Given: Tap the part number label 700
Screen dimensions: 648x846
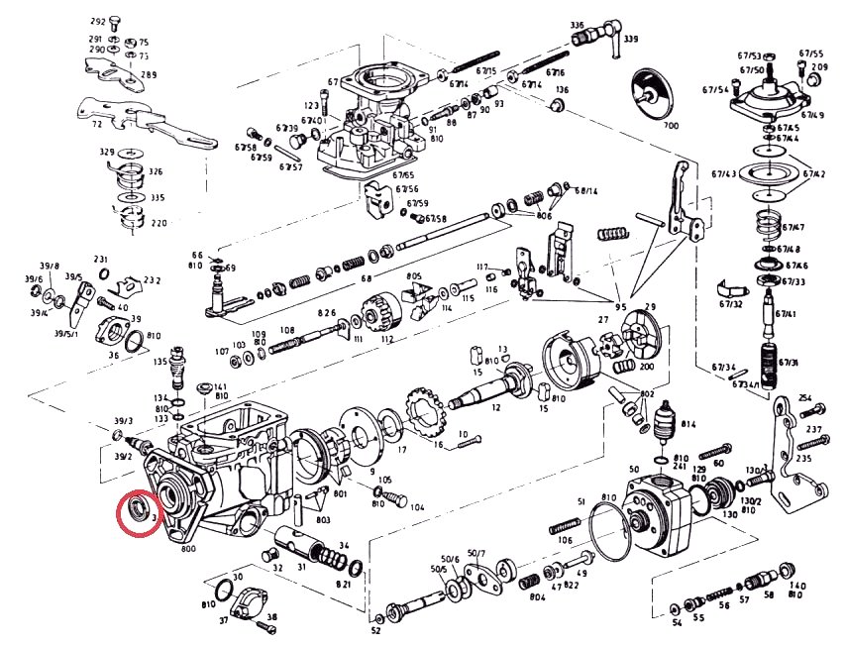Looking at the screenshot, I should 671,127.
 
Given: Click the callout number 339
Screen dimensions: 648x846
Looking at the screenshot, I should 630,39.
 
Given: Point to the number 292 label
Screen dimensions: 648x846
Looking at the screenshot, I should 97,21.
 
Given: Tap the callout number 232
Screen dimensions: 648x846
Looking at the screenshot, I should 152,280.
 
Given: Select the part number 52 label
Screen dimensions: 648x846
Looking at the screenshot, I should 376,630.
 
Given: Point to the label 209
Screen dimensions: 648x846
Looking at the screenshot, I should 819,67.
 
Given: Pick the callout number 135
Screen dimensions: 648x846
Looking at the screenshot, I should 159,363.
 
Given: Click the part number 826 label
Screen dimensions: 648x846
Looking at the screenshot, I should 327,313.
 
